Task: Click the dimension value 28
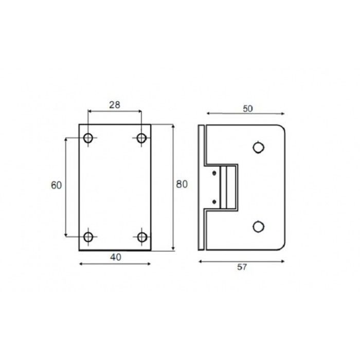(x=115, y=105)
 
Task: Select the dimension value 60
(x=56, y=185)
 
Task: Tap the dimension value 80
(x=182, y=184)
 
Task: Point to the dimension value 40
(x=116, y=257)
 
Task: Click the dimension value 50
(x=248, y=109)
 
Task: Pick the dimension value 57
(x=242, y=267)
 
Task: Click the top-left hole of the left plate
(x=88, y=138)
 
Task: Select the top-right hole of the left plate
(x=141, y=138)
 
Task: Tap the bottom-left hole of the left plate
(x=88, y=237)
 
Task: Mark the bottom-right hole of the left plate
(x=142, y=237)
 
